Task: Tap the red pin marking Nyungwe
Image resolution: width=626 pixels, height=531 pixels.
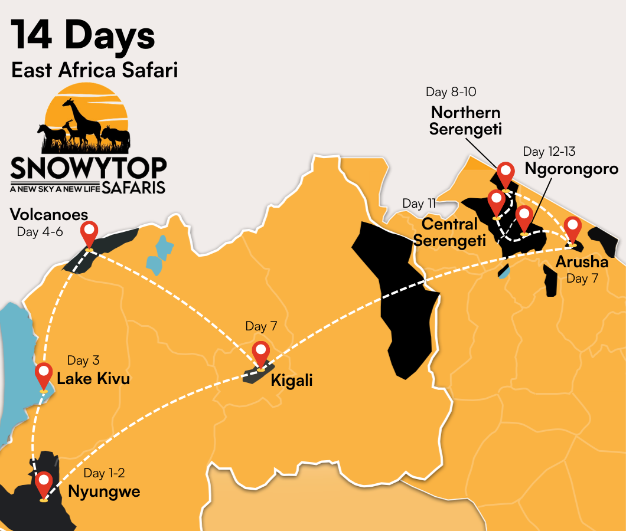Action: [x=44, y=483]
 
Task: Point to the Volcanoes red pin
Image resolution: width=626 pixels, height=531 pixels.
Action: [x=89, y=233]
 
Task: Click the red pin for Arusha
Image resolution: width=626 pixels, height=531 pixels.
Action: [x=572, y=228]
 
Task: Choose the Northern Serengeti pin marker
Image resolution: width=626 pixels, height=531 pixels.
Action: [x=506, y=173]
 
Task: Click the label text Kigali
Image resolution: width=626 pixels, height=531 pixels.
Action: [x=291, y=381]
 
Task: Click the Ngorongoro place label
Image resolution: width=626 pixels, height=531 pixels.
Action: [x=571, y=169]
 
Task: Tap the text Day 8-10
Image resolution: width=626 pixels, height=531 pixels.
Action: [x=451, y=92]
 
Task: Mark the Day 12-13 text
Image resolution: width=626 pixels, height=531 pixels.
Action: [x=549, y=152]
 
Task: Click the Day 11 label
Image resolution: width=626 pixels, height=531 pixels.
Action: [x=419, y=204]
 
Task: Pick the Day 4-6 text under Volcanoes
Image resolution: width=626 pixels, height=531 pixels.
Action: [x=40, y=232]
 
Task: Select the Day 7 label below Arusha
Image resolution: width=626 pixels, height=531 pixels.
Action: [x=582, y=278]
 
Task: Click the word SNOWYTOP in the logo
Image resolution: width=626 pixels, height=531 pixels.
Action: [x=88, y=168]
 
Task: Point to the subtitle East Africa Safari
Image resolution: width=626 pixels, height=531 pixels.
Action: [x=94, y=70]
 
